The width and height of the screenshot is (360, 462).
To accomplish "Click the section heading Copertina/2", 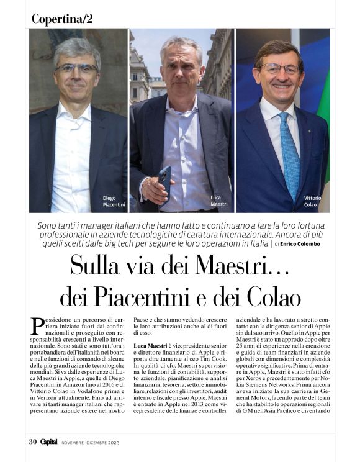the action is pos(62,19).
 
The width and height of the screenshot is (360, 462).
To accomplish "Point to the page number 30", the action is pos(34,442).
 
